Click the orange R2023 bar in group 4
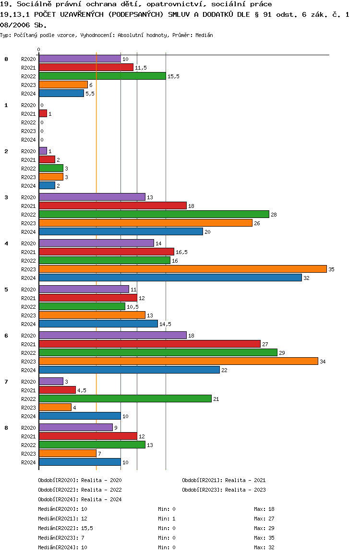pos(182,269)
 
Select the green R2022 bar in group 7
pos(125,399)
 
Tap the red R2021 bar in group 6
pos(149,344)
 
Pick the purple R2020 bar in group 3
pos(92,197)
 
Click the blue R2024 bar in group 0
pos(61,93)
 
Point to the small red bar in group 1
pos(43,113)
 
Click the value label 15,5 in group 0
pos(173,76)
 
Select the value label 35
pos(331,269)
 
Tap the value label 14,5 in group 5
pos(165,324)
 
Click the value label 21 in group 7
pos(216,399)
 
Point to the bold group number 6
pos(6,335)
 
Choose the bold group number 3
pos(6,197)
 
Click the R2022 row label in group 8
pos(28,445)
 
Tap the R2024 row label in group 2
pos(28,186)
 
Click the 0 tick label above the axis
pos(39,49)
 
